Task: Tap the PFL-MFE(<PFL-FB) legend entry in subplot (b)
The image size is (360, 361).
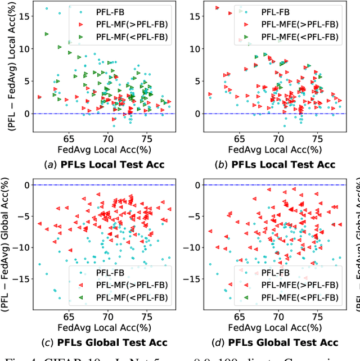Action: click(x=292, y=37)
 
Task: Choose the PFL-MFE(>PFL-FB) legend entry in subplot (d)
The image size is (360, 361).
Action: click(x=292, y=283)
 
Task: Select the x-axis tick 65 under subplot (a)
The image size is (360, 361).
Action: click(x=69, y=138)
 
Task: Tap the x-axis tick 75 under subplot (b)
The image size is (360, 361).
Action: click(x=318, y=138)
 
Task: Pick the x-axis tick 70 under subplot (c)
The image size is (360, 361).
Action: click(x=107, y=317)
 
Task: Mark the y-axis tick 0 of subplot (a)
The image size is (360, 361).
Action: click(x=26, y=114)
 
